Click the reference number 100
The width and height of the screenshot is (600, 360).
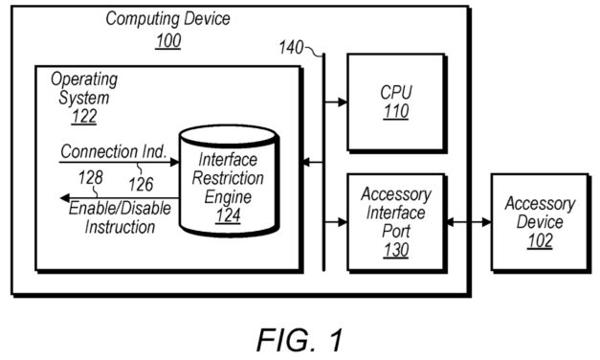[x=167, y=40]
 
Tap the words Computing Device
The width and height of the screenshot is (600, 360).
[x=167, y=18]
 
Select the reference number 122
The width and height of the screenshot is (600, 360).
[x=83, y=117]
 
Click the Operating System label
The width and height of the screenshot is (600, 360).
[x=83, y=86]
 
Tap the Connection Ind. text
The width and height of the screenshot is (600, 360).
[x=114, y=151]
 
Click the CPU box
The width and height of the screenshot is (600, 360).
[x=395, y=101]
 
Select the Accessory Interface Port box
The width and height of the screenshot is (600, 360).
[x=395, y=222]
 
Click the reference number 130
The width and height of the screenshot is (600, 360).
[x=395, y=251]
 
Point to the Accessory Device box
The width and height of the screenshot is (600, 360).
[x=540, y=222]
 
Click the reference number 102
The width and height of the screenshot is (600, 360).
[x=540, y=241]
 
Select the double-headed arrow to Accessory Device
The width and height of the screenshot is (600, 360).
[x=468, y=222]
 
